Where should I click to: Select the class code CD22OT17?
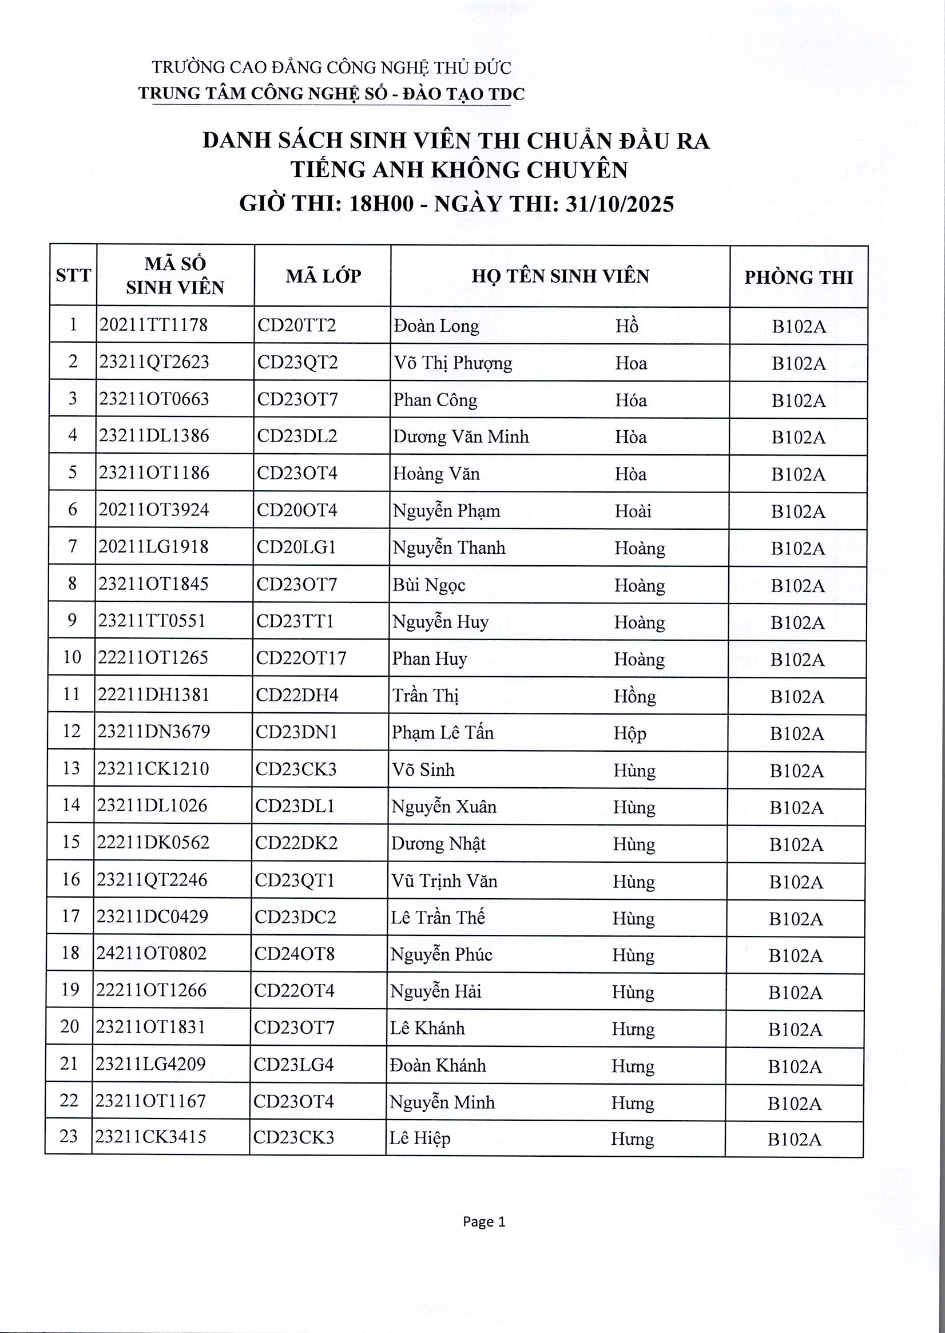301,658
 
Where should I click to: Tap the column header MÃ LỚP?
323,276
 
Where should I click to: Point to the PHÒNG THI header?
799,277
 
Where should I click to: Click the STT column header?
73,275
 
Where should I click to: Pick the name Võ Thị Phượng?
452,363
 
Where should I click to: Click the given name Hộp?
630,732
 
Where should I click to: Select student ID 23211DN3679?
154,731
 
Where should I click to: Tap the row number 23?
69,1136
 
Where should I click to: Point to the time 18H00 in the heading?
381,204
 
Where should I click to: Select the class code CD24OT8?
295,954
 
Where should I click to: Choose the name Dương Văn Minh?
461,437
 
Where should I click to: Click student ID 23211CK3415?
150,1136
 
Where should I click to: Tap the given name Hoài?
633,511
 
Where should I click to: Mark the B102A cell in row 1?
799,327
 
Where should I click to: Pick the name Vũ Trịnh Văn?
444,881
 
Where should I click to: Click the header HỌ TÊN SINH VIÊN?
560,276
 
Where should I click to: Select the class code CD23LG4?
294,1065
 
